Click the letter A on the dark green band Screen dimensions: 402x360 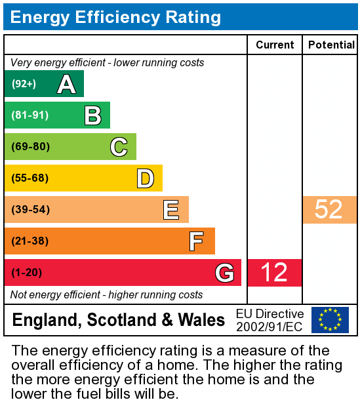66,84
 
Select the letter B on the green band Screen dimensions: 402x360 92,115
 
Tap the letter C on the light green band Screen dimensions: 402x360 119,147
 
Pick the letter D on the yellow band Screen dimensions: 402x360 145,178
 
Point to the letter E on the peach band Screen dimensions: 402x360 171,210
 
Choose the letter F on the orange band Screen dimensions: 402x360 196,241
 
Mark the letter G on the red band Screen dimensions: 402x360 224,273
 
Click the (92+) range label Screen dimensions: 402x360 24,84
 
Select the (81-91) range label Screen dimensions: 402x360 30,115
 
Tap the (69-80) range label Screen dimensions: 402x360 30,147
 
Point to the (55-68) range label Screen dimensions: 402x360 30,178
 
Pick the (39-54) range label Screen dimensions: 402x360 30,210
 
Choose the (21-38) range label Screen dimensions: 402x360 30,241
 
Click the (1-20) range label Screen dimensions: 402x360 27,273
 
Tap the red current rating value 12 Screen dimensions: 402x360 274,273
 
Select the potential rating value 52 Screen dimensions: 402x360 329,210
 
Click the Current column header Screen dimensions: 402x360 275,45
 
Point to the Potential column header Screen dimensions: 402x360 331,45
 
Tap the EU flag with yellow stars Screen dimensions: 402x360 330,320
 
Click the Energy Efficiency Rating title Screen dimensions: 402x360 115,17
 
